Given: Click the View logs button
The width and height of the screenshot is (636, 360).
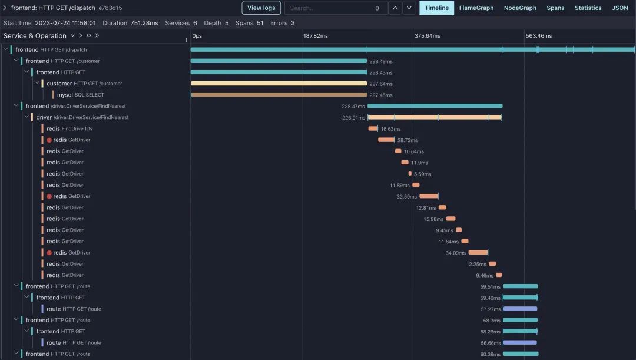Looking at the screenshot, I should (261, 8).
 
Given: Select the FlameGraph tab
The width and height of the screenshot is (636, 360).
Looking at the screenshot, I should (476, 8).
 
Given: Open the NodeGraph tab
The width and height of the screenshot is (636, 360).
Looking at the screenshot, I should (520, 8).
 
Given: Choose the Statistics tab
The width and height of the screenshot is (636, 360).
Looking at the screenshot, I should (588, 8).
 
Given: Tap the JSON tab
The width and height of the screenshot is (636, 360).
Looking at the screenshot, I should (620, 8).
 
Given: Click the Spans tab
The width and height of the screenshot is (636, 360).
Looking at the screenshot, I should (555, 8).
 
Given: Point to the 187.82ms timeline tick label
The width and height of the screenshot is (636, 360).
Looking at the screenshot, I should (315, 36).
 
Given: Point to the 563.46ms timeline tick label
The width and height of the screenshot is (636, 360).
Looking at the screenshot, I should (538, 36).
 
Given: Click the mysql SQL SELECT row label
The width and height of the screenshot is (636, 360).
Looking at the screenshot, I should (80, 95).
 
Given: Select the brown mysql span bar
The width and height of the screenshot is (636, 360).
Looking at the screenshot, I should (279, 95).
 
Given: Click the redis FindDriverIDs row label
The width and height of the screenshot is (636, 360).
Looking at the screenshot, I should (69, 128).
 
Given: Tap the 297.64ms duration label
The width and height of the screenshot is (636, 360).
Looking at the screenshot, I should (381, 84).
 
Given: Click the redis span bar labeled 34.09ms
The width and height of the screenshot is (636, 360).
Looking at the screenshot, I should (478, 252).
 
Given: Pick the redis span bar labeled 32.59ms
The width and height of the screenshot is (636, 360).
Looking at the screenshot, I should (428, 196).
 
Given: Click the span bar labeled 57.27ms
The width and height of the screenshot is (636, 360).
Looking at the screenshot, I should (520, 309).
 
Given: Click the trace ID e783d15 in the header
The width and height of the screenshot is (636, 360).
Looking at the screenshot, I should (110, 8).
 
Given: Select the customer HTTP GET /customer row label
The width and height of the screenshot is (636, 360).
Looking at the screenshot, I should (84, 84).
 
